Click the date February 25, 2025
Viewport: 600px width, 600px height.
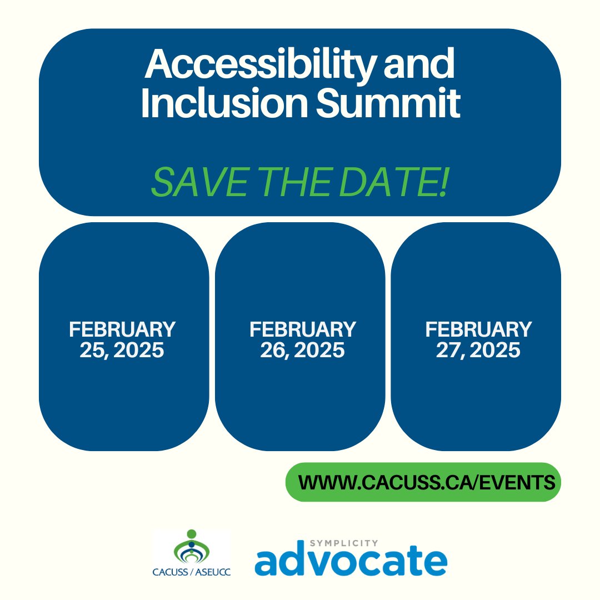[122, 339]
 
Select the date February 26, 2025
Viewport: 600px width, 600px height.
[302, 339]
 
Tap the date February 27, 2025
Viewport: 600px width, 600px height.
[478, 339]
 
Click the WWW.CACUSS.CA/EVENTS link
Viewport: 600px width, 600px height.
[427, 482]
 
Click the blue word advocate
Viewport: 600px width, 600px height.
[351, 562]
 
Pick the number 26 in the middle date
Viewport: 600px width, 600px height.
[272, 351]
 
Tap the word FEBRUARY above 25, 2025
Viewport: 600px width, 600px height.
[122, 329]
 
